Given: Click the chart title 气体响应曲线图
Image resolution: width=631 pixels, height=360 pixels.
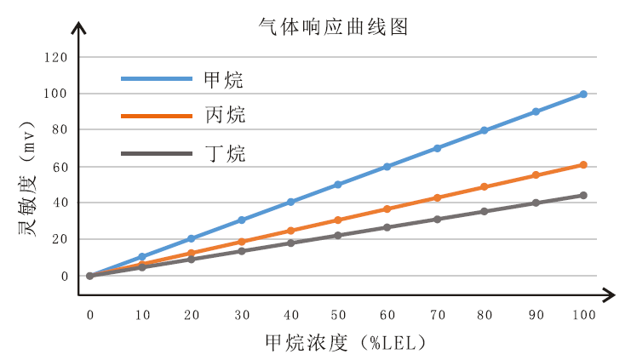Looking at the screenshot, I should click(334, 26).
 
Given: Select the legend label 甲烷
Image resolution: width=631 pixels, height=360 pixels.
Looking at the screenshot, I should click(224, 80).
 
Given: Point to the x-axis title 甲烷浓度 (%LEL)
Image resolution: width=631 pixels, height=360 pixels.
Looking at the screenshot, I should click(344, 342).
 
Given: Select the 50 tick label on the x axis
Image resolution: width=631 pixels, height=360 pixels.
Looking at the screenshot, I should click(337, 315).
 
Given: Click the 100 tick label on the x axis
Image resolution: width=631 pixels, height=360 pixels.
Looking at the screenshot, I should click(583, 315).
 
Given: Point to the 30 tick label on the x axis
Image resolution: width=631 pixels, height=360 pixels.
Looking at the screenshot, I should click(241, 315).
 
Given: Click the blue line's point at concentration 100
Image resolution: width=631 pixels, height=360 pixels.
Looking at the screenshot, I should click(583, 94).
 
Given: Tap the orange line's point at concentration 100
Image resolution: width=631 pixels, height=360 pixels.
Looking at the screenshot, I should click(583, 164).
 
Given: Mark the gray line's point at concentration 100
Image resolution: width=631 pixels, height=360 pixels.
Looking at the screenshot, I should click(583, 195).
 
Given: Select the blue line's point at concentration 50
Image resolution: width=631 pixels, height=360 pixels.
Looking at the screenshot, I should click(337, 185).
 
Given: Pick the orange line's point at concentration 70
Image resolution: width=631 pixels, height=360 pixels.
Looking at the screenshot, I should click(437, 197).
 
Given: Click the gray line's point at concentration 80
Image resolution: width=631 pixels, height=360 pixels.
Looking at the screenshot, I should click(485, 211).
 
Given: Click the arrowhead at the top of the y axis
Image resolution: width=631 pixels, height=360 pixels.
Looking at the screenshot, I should click(78, 27).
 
